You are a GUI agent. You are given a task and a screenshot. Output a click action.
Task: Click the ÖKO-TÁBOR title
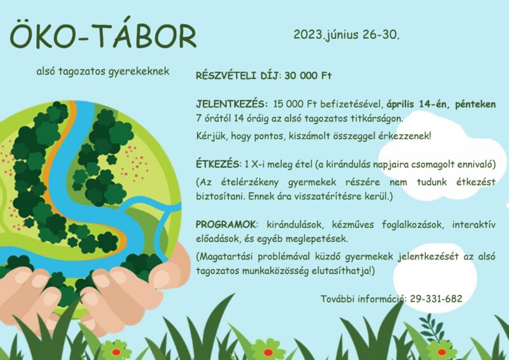[x=103, y=34]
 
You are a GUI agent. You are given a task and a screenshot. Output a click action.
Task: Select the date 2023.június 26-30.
[x=346, y=34]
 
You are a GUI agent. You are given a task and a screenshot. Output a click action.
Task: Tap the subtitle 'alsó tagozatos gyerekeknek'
[x=103, y=71]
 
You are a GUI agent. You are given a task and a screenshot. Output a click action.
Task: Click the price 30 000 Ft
[x=308, y=76]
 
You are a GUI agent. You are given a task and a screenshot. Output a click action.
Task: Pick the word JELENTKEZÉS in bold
[x=230, y=104]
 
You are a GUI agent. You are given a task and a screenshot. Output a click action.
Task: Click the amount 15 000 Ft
[x=295, y=104]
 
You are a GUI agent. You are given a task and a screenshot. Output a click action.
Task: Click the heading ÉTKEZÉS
[x=218, y=164]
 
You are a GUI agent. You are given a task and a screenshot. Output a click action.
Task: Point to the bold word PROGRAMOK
[x=226, y=225]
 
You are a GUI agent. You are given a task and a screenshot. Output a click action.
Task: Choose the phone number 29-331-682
[x=436, y=299]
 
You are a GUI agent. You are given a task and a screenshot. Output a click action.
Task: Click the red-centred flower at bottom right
[x=441, y=351]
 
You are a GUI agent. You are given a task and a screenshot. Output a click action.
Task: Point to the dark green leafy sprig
[x=431, y=327]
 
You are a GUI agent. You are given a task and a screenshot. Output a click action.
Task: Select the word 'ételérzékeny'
[x=249, y=183]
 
